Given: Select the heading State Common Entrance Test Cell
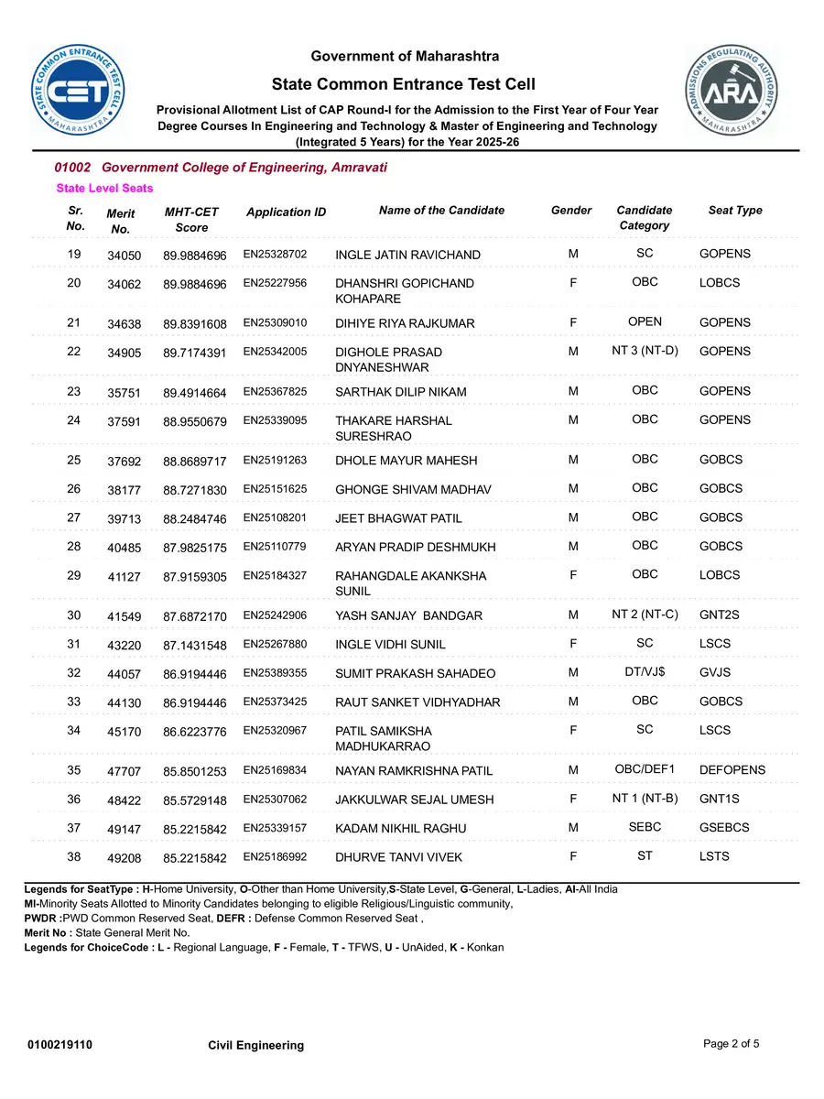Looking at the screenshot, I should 404,84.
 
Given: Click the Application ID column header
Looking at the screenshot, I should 286,212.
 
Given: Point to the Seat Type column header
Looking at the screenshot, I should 734,211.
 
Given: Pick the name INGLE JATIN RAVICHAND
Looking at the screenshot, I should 407,255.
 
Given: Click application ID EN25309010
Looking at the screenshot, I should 275,322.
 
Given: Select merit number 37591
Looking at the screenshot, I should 124,421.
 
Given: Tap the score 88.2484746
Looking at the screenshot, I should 194,518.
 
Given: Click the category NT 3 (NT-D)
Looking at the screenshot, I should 645,351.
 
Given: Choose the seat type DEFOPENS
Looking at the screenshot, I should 732,770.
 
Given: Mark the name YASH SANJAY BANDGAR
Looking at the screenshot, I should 408,615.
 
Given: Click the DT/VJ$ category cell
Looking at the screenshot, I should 645,672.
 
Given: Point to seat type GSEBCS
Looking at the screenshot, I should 723,828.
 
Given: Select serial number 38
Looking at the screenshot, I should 74,856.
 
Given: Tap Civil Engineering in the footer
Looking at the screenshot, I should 255,1045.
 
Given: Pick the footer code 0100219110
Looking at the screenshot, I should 60,1045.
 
